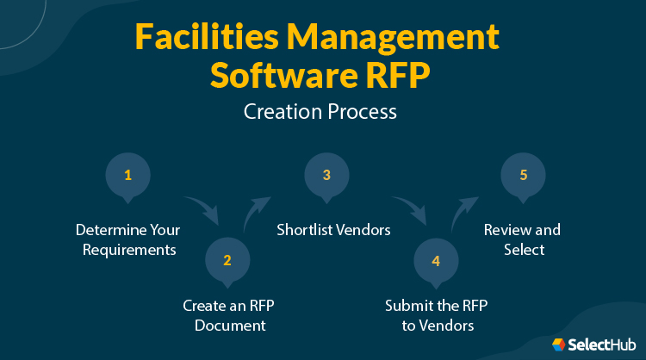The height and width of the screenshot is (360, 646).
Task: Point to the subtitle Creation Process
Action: (x=322, y=112)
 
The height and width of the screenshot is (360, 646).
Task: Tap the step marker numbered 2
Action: (x=227, y=258)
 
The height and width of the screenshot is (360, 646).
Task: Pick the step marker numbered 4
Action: (x=436, y=259)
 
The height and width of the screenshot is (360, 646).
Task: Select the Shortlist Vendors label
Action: (x=333, y=230)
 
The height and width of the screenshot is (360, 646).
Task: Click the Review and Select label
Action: (x=522, y=239)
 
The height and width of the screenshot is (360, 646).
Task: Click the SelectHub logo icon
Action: (x=558, y=344)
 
